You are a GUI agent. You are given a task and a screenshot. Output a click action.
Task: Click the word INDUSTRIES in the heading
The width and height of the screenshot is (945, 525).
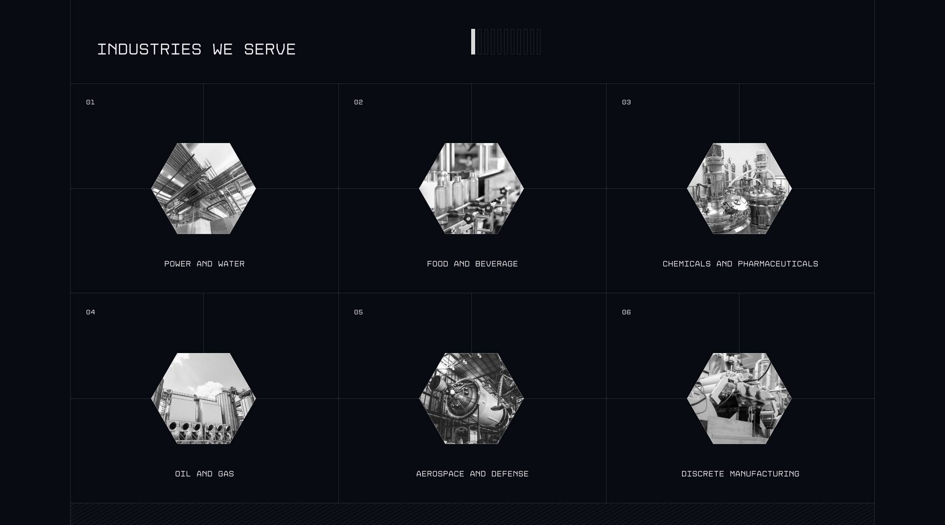click(x=149, y=49)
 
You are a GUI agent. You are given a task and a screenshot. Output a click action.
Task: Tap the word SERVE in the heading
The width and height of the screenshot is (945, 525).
click(x=270, y=49)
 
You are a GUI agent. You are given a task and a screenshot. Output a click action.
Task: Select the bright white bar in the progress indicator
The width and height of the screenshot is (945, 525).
click(x=473, y=42)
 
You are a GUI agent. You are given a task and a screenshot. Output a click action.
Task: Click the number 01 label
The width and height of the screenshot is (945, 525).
click(x=91, y=102)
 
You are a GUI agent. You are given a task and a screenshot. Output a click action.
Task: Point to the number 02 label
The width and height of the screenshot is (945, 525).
click(x=358, y=102)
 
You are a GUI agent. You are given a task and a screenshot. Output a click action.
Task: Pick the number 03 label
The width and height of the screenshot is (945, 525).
click(x=626, y=102)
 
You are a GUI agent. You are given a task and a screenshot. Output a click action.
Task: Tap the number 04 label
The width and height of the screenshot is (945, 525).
click(x=91, y=312)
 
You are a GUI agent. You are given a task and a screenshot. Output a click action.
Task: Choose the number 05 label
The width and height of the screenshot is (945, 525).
click(x=358, y=312)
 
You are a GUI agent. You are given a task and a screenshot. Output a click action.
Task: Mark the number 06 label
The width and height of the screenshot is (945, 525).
click(x=626, y=312)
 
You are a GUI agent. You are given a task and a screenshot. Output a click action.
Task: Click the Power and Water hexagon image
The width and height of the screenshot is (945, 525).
click(x=203, y=189)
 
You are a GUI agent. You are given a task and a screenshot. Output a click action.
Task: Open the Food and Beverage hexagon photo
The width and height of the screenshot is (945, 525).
click(x=471, y=189)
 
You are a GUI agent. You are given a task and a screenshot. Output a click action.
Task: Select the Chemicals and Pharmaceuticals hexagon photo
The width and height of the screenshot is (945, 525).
click(x=739, y=189)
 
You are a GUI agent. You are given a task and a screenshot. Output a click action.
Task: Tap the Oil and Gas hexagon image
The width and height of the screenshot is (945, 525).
click(x=203, y=399)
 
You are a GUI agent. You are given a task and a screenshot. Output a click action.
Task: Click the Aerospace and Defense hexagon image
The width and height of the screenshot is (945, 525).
click(x=471, y=399)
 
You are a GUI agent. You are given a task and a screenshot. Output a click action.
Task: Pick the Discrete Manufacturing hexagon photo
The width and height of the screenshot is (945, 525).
click(x=739, y=399)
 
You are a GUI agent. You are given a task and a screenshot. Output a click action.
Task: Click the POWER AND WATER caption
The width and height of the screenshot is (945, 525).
click(x=204, y=264)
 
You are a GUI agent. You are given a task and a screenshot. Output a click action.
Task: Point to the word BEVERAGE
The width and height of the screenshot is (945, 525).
click(x=497, y=264)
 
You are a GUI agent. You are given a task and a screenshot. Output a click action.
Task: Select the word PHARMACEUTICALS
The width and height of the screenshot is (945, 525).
click(x=778, y=264)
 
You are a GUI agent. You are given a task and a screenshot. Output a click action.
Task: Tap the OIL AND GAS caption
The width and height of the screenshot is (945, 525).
click(x=204, y=474)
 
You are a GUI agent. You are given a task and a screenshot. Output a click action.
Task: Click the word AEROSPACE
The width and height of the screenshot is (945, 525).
click(x=440, y=474)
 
